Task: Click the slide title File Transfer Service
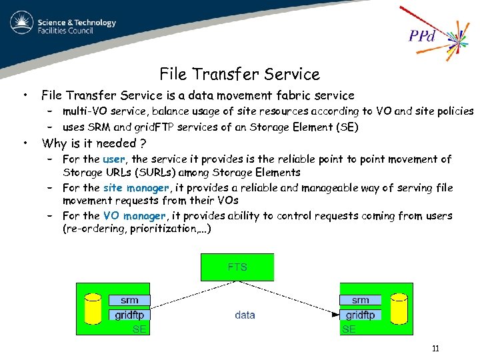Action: click(239, 74)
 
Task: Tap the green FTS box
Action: click(237, 267)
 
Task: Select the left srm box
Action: click(129, 301)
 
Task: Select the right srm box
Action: click(360, 301)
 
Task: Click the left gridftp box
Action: click(129, 315)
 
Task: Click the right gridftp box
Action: click(360, 315)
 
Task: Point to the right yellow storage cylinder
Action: click(398, 308)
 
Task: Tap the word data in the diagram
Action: click(245, 315)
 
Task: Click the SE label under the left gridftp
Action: click(139, 329)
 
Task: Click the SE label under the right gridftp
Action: click(349, 329)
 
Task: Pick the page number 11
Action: click(435, 349)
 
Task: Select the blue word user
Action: click(113, 159)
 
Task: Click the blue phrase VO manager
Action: click(134, 216)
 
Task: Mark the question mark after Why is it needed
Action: click(143, 143)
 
